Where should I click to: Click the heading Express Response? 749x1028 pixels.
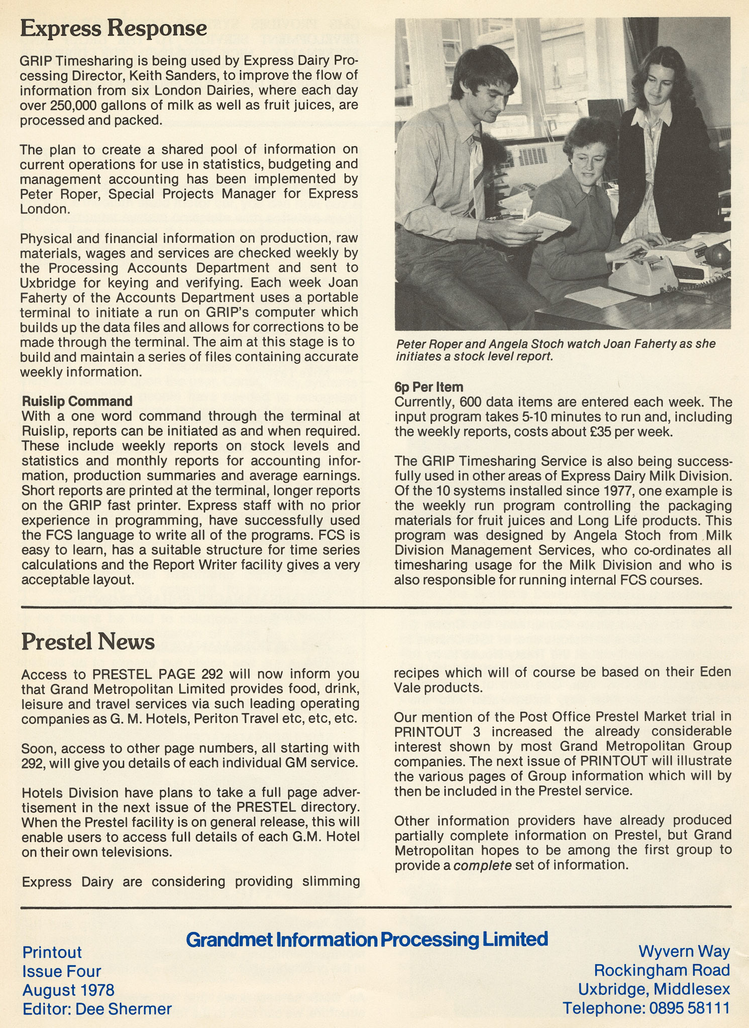[x=113, y=29]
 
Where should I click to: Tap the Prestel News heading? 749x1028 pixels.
[x=88, y=642]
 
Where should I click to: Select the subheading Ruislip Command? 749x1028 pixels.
[x=77, y=401]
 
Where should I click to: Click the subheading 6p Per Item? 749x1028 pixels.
[x=429, y=387]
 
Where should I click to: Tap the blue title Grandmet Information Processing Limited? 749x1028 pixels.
[x=367, y=939]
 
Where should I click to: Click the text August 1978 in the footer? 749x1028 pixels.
[x=68, y=990]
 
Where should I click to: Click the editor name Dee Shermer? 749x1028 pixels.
[x=124, y=1009]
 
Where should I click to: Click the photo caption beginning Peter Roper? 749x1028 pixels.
[x=555, y=350]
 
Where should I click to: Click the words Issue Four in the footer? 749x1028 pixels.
[x=62, y=971]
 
